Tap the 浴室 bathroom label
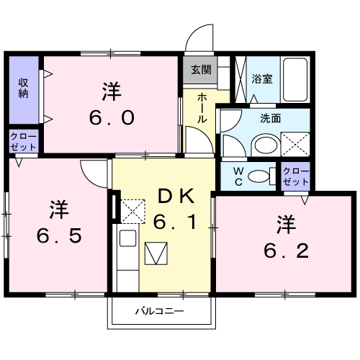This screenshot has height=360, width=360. point(262,78)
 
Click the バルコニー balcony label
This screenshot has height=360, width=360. point(160,312)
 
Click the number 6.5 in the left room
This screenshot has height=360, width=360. point(58,234)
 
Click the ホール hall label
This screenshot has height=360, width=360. point(202,109)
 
